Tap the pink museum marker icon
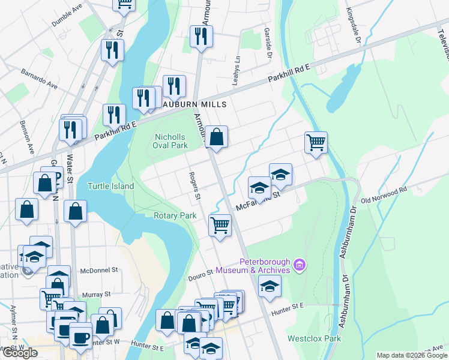point(301,264)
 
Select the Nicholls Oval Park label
point(172,141)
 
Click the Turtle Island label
point(110,186)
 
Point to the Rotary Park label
point(175,215)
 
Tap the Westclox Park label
point(314,338)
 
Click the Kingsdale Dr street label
point(353,26)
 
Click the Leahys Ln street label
point(236,70)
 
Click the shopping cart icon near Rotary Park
point(220,226)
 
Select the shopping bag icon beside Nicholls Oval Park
point(217,137)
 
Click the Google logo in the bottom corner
point(20,353)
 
